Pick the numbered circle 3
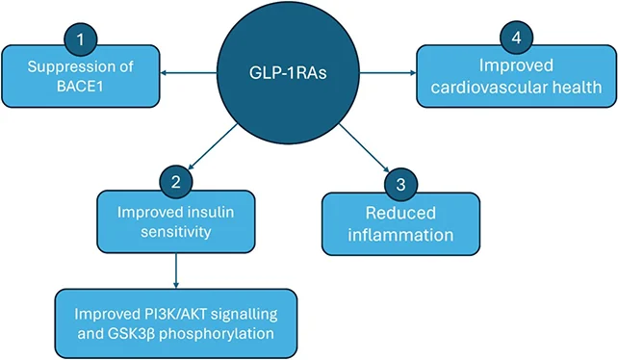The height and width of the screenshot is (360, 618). tap(398, 183)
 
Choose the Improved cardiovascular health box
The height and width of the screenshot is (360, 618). tap(514, 77)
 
